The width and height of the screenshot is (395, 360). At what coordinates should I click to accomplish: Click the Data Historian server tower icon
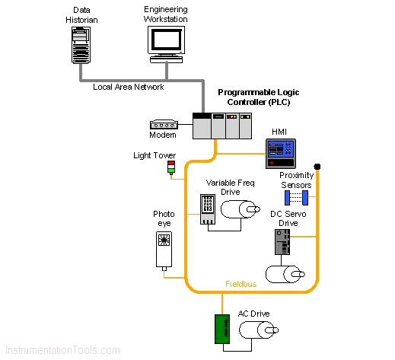click(x=81, y=45)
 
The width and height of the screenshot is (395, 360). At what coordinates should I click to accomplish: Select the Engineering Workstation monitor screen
click(x=167, y=40)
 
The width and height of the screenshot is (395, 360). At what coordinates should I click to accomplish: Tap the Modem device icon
click(x=164, y=124)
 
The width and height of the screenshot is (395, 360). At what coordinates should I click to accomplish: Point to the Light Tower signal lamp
click(x=171, y=167)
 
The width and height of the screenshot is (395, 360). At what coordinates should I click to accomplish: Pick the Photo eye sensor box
click(x=164, y=250)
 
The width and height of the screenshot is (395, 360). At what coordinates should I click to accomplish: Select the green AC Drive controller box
click(x=222, y=329)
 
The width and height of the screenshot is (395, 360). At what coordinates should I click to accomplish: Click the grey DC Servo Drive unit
click(x=282, y=242)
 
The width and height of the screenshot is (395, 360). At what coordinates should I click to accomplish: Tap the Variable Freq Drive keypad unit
click(x=208, y=209)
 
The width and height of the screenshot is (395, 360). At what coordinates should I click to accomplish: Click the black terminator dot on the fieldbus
click(x=317, y=167)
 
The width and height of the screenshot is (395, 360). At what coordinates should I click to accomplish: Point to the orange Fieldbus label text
click(x=241, y=284)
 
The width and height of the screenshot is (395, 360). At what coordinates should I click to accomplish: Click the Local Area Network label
click(x=129, y=87)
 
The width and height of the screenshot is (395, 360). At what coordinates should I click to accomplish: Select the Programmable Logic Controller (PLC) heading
click(x=259, y=97)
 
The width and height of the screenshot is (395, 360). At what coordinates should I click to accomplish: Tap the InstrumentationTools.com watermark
click(x=62, y=350)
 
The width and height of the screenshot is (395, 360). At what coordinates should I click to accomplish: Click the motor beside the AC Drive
click(x=259, y=330)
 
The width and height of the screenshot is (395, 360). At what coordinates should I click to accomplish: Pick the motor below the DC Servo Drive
click(x=285, y=274)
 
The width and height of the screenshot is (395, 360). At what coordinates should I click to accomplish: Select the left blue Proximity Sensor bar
click(x=287, y=198)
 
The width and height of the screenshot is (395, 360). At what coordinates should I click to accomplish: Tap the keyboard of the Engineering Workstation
click(x=166, y=59)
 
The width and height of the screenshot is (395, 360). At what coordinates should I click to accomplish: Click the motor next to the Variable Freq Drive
click(x=241, y=209)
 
